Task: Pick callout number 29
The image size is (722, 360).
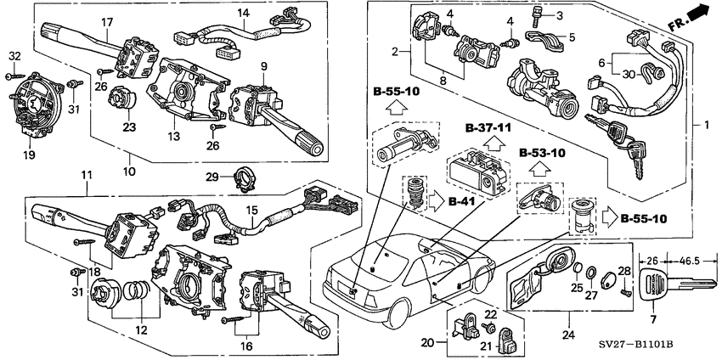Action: coord(214,177)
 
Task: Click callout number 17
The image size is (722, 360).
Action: coord(107,21)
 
